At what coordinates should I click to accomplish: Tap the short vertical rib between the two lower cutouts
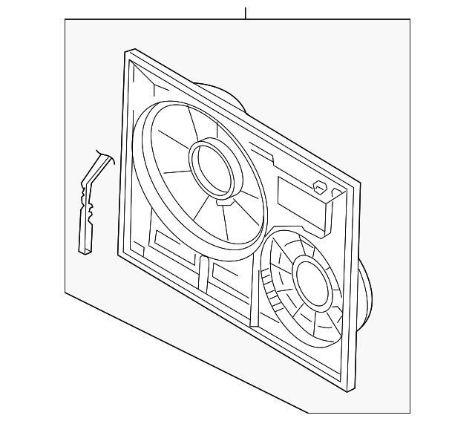[x=203, y=275]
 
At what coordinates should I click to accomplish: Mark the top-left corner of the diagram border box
[x=65, y=20]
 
